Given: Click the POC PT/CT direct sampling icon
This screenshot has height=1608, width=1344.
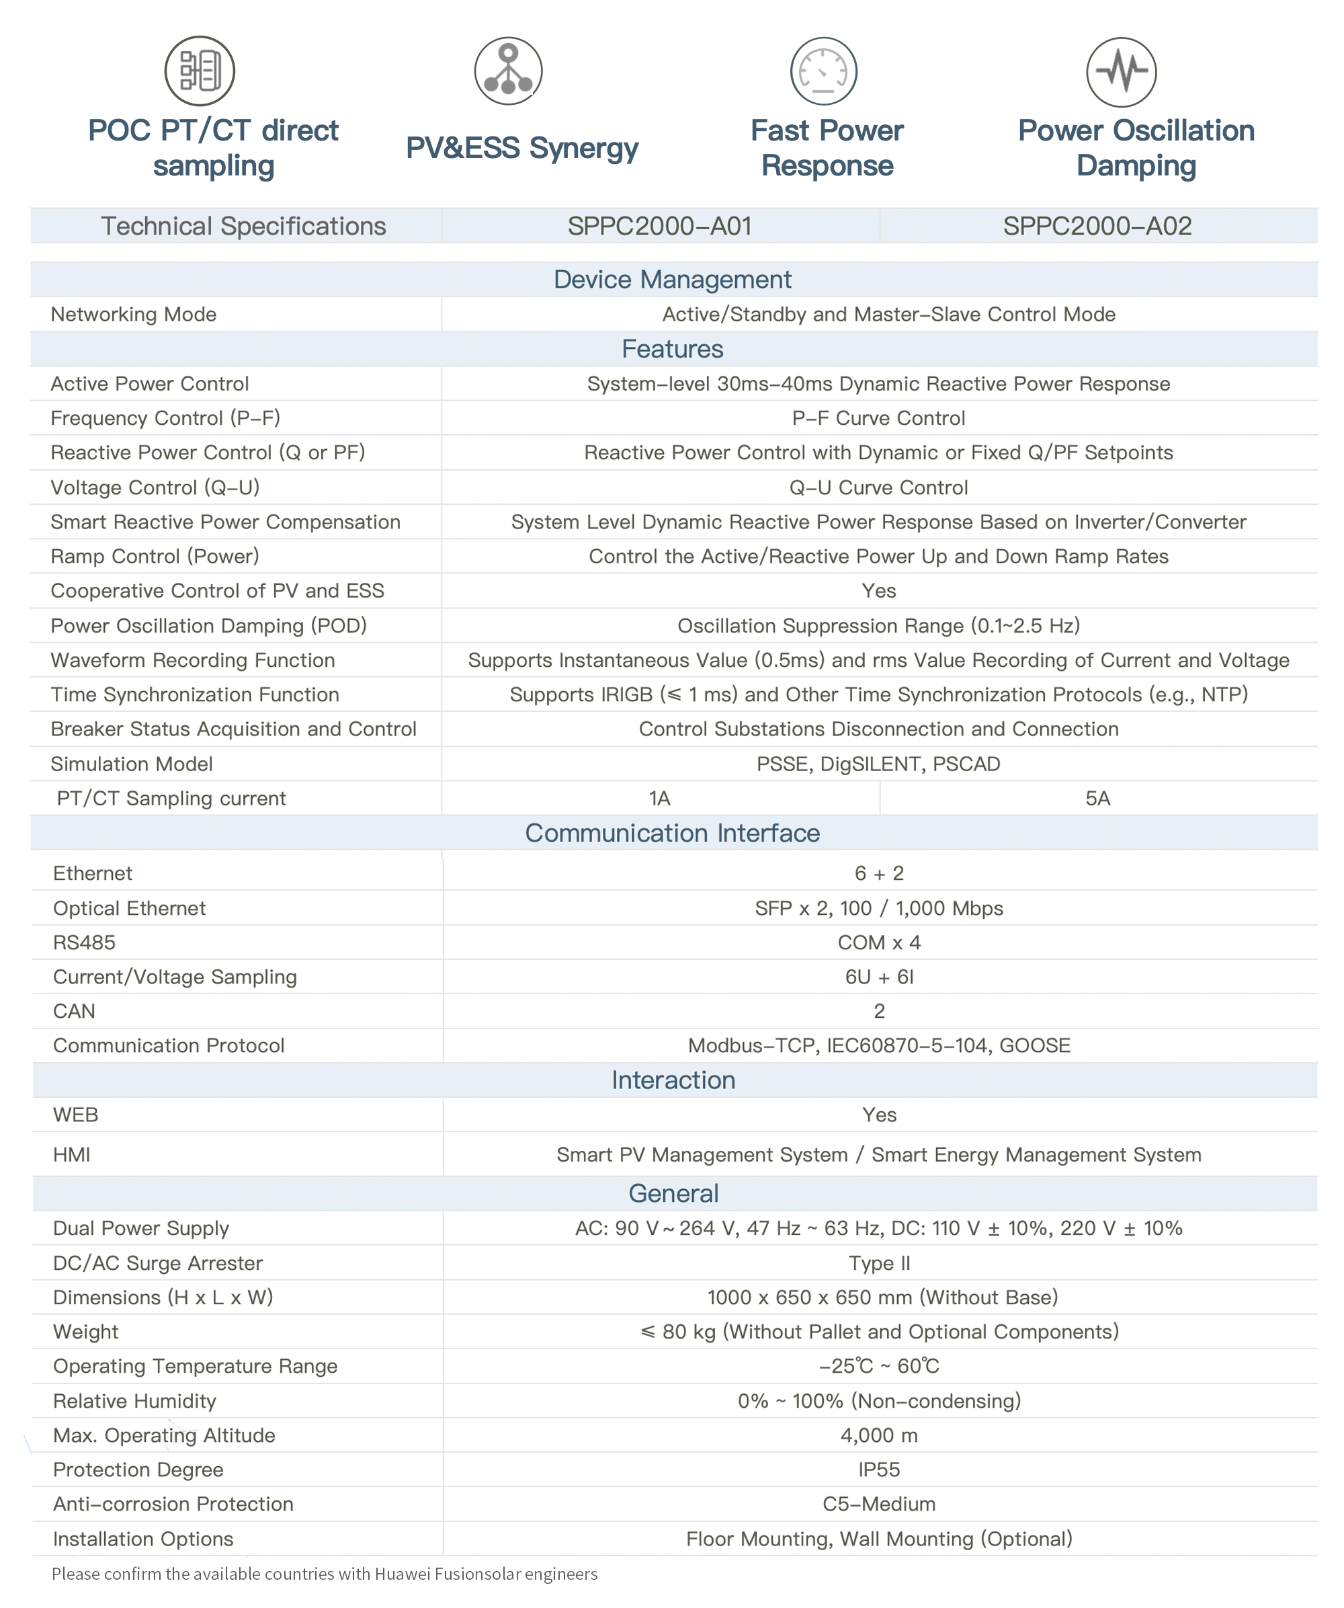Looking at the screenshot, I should pyautogui.click(x=200, y=71).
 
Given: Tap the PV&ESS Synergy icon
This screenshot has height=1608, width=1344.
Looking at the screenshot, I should pyautogui.click(x=508, y=71).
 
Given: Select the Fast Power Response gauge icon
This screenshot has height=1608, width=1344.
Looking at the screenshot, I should pyautogui.click(x=824, y=71).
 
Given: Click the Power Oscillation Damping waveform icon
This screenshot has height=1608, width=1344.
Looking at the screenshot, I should pyautogui.click(x=1122, y=72).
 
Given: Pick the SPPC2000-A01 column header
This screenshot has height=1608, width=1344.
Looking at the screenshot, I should pyautogui.click(x=660, y=226).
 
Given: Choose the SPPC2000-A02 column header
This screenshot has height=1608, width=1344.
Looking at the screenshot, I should pyautogui.click(x=1097, y=226).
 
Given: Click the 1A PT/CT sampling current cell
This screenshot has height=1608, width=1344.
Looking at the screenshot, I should pyautogui.click(x=660, y=798).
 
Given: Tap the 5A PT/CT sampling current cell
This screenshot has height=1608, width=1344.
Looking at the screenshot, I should pyautogui.click(x=1097, y=798).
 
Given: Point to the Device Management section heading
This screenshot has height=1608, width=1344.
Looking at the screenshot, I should pyautogui.click(x=672, y=280).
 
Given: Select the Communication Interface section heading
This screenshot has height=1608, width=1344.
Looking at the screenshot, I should pyautogui.click(x=672, y=832).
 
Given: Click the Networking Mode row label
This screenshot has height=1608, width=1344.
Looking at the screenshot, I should pyautogui.click(x=133, y=314).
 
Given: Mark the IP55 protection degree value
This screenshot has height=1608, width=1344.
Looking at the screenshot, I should pyautogui.click(x=879, y=1470).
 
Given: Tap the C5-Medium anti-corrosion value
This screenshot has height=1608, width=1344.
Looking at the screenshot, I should pyautogui.click(x=879, y=1504).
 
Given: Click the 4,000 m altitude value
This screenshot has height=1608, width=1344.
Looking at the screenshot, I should pyautogui.click(x=879, y=1435).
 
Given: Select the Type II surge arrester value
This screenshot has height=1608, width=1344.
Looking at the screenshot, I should pyautogui.click(x=879, y=1262).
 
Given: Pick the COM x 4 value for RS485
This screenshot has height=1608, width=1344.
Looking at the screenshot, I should pyautogui.click(x=879, y=942).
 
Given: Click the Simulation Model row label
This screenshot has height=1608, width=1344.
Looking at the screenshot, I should pyautogui.click(x=132, y=764).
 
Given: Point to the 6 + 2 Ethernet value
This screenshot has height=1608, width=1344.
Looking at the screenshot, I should pyautogui.click(x=879, y=873).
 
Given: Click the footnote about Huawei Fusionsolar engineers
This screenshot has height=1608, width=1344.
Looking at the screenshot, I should pyautogui.click(x=325, y=1574).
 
